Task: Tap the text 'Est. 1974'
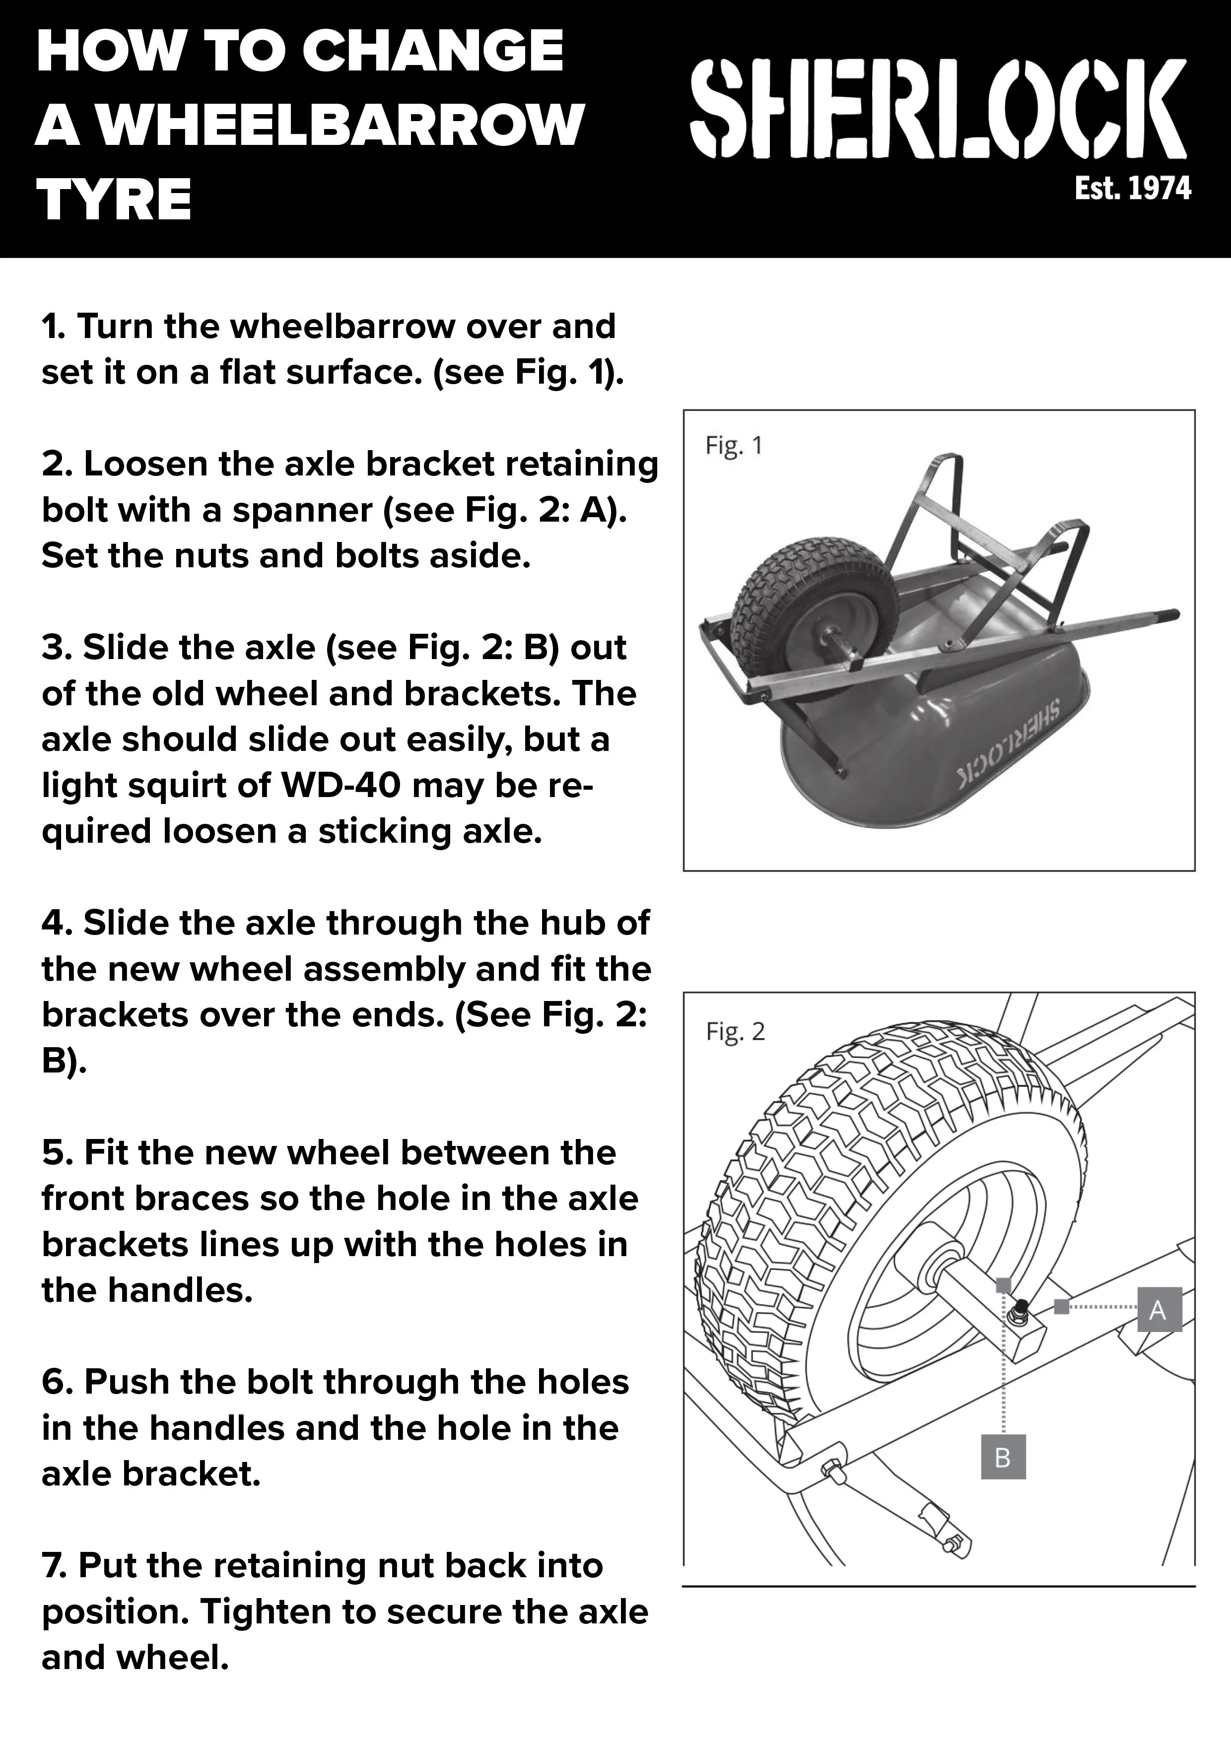(x=1133, y=188)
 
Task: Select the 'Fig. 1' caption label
(x=734, y=445)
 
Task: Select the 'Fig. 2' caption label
(x=735, y=1031)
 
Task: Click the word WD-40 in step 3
(x=341, y=786)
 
